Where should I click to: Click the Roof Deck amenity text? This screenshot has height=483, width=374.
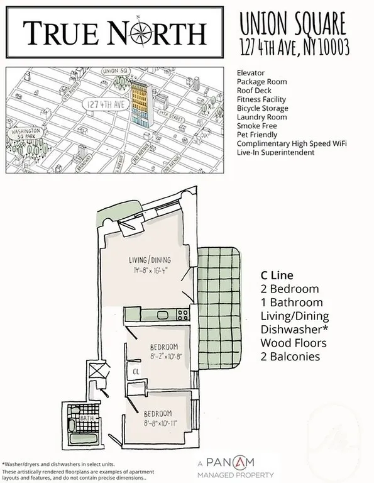tap(255, 91)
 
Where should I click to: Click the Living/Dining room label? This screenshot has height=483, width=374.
tap(150, 260)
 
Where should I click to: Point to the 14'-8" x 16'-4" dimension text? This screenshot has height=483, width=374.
tap(151, 271)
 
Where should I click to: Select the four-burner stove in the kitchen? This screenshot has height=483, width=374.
tap(183, 313)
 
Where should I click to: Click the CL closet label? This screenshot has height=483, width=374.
tap(136, 372)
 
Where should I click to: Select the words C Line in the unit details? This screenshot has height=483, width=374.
tap(277, 275)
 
